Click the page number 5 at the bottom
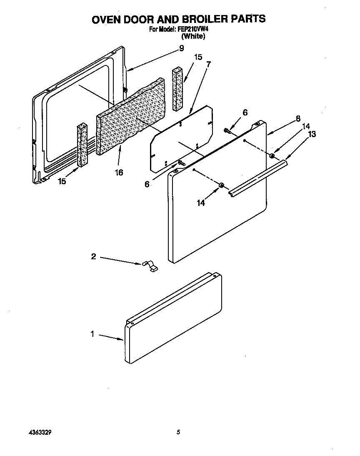(x=178, y=432)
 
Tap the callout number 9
(x=181, y=48)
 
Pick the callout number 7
(x=208, y=64)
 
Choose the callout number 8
(x=298, y=118)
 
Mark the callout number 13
(x=312, y=134)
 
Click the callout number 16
(x=119, y=172)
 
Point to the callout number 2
(x=93, y=256)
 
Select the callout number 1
(x=92, y=334)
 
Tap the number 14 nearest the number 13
(x=306, y=126)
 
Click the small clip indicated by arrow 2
(x=150, y=266)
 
